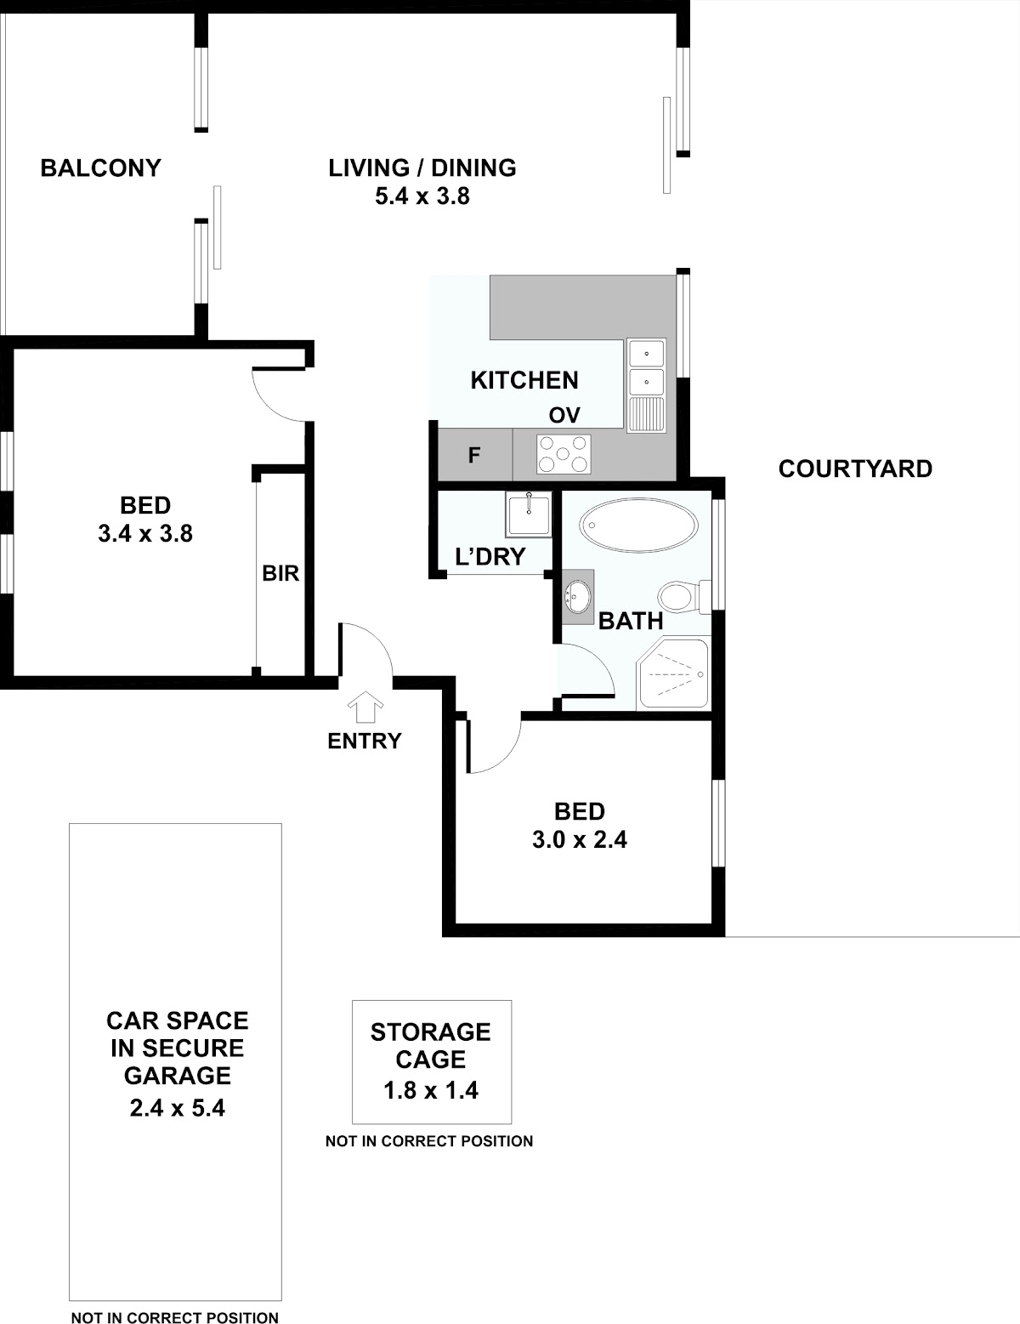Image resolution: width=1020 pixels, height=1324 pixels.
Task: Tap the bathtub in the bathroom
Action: pyautogui.click(x=639, y=526)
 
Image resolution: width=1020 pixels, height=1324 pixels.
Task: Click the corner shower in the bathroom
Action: pyautogui.click(x=673, y=673)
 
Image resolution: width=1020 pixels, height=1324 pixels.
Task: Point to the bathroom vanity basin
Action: pyautogui.click(x=577, y=596)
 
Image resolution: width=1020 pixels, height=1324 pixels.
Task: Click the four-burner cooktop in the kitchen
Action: pyautogui.click(x=564, y=454)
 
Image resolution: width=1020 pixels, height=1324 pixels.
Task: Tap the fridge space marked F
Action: pyautogui.click(x=475, y=455)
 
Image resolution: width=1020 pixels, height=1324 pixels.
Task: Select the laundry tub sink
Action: pyautogui.click(x=529, y=514)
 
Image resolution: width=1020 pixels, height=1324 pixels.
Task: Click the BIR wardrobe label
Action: pyautogui.click(x=280, y=573)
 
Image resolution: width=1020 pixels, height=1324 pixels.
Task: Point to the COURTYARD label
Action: pyautogui.click(x=856, y=469)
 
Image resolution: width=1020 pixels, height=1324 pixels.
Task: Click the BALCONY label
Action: pyautogui.click(x=100, y=168)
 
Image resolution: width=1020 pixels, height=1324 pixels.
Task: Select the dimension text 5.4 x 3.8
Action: pyautogui.click(x=422, y=196)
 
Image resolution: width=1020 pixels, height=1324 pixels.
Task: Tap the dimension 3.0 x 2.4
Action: pyautogui.click(x=580, y=839)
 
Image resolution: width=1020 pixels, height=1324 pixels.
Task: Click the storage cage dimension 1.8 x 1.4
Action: pyautogui.click(x=431, y=1090)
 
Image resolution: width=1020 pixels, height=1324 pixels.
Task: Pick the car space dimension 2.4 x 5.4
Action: pyautogui.click(x=178, y=1108)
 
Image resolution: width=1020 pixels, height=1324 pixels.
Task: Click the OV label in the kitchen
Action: pyautogui.click(x=564, y=416)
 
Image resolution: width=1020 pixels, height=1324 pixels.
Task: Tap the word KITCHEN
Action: pyautogui.click(x=524, y=380)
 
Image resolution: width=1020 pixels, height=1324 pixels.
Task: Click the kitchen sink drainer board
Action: pyautogui.click(x=647, y=414)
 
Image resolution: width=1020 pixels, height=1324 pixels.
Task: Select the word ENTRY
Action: pyautogui.click(x=365, y=741)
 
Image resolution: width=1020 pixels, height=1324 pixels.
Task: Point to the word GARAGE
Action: pyautogui.click(x=178, y=1076)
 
